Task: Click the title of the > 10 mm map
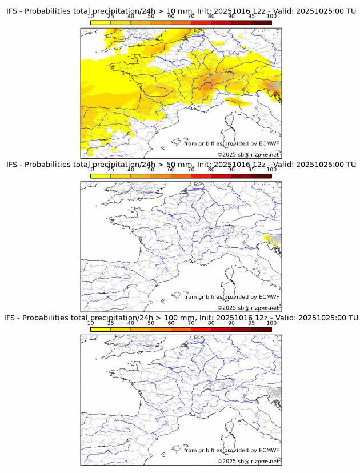tap(181, 11)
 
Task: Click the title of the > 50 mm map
tap(181, 165)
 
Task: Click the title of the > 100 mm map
tap(181, 318)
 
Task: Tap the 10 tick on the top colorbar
tap(91, 16)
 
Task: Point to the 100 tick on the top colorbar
tap(271, 16)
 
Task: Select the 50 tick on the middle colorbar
tap(151, 170)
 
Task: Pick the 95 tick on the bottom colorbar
tap(251, 323)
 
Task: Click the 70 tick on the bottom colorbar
tap(191, 323)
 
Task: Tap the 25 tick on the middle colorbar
tap(111, 170)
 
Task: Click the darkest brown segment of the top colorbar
tap(261, 22)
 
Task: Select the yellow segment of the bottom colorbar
tap(101, 330)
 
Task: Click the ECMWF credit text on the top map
tap(231, 143)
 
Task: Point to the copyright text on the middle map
tap(248, 308)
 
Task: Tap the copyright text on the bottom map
tap(248, 461)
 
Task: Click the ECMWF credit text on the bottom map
tap(231, 450)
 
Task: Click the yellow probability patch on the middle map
tap(271, 239)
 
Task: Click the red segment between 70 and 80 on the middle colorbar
tap(201, 176)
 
